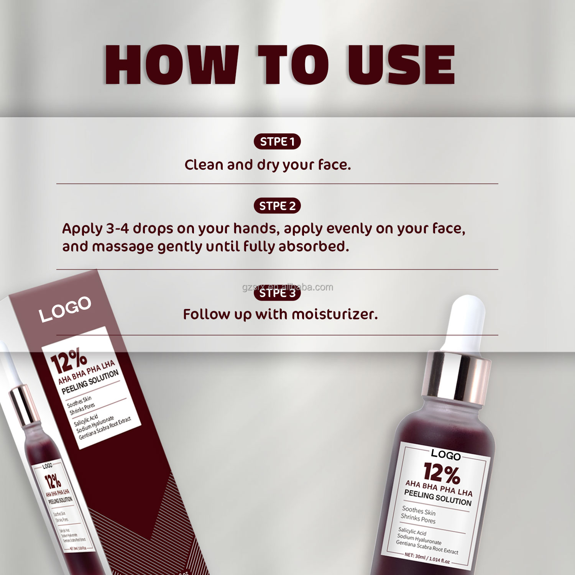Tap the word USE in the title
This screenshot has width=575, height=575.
coord(401,64)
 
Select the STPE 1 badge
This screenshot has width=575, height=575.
coord(277,142)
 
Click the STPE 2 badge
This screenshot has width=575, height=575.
coord(277,206)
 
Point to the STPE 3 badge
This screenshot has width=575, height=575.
coord(277,293)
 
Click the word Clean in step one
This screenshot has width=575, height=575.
coord(204,165)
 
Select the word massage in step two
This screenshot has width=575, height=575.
coord(123,246)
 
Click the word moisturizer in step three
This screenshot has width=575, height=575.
coord(335,314)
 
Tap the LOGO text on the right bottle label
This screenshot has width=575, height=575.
coord(445,455)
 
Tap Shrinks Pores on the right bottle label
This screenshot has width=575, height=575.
coord(418,519)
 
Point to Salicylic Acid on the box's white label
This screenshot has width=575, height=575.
coord(86,420)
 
